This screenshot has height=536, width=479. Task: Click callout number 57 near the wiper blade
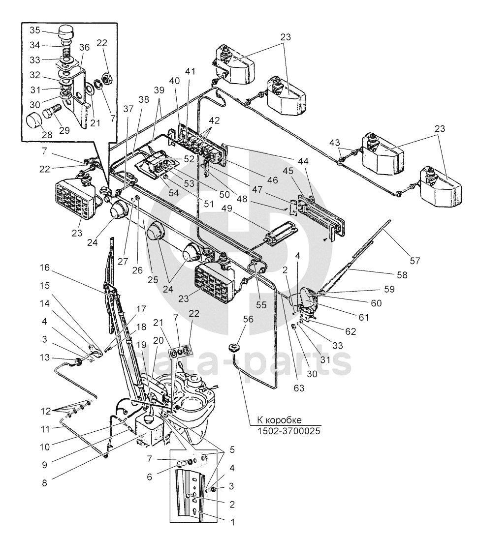(415, 261)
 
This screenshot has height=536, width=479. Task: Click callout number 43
(335, 142)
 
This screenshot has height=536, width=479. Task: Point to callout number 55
(261, 305)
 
